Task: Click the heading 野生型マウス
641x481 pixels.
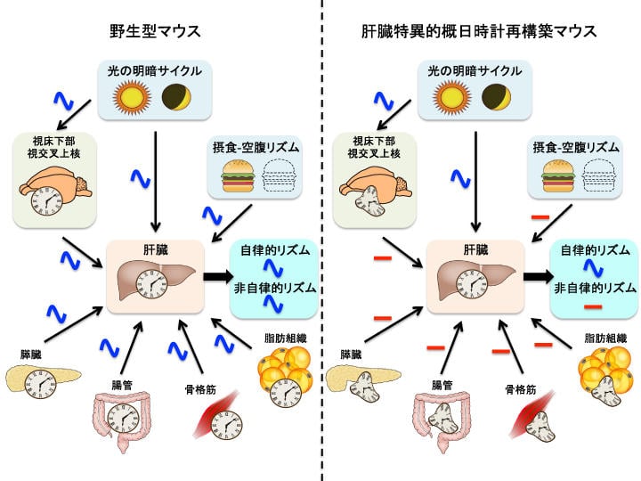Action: (162, 31)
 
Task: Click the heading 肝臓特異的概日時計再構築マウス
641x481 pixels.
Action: (478, 31)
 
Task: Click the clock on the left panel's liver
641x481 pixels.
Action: (151, 287)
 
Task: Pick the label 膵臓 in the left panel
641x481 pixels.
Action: (30, 354)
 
